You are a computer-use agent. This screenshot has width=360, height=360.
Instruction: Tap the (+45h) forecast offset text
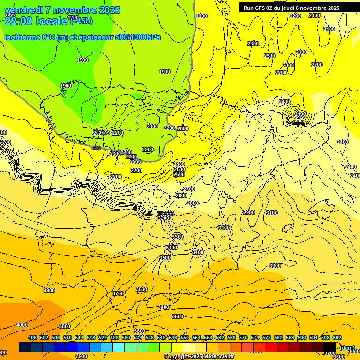(x=81, y=21)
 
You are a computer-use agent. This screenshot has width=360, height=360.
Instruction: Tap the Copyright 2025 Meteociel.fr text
(x=199, y=356)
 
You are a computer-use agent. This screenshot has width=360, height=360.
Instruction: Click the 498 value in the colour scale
(x=32, y=337)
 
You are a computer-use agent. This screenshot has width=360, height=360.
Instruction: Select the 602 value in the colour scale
(x=337, y=337)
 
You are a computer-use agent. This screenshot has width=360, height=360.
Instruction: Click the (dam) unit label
(x=347, y=347)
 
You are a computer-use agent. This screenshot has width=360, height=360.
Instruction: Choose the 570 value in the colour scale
(x=243, y=337)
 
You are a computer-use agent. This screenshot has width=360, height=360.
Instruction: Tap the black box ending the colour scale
(x=330, y=347)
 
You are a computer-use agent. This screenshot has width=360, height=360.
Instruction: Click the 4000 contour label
(x=22, y=325)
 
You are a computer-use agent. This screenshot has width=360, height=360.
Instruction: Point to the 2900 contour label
(x=249, y=212)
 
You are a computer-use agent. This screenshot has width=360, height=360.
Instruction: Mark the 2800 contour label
(x=193, y=203)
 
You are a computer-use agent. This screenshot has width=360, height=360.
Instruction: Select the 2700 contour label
(x=189, y=189)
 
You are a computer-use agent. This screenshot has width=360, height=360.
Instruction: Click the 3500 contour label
(x=165, y=258)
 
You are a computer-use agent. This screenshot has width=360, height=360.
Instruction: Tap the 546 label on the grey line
(x=96, y=148)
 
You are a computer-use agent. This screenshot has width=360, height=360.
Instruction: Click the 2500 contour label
(x=180, y=169)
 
